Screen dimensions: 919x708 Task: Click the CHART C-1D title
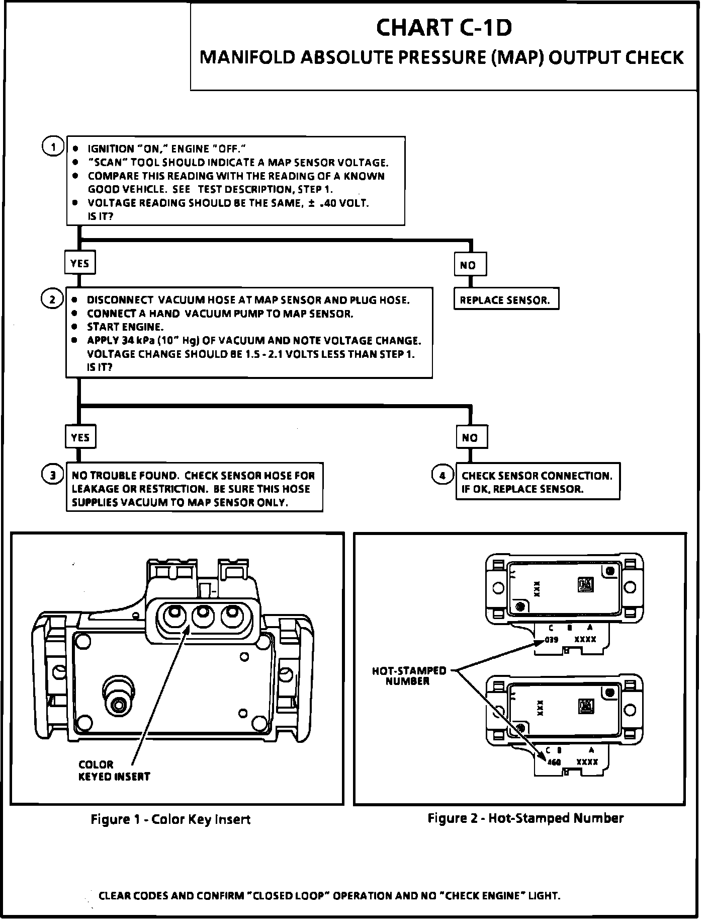pyautogui.click(x=444, y=28)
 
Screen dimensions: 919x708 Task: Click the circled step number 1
pyautogui.click(x=52, y=147)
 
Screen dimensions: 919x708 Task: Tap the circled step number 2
pyautogui.click(x=52, y=299)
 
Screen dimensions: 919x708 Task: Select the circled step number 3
pyautogui.click(x=52, y=475)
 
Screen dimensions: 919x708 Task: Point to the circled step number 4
pyautogui.click(x=442, y=475)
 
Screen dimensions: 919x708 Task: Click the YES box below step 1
pyautogui.click(x=80, y=263)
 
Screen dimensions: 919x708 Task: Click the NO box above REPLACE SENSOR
pyautogui.click(x=470, y=265)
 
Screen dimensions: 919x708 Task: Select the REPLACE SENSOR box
pyautogui.click(x=506, y=300)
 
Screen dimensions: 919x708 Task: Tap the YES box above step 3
pyautogui.click(x=80, y=437)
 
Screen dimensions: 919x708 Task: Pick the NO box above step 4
pyautogui.click(x=471, y=437)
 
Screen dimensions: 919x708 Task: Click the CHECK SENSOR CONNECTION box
pyautogui.click(x=537, y=482)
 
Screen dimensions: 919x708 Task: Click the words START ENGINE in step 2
pyautogui.click(x=125, y=327)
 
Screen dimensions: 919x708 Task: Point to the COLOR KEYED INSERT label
pyautogui.click(x=114, y=770)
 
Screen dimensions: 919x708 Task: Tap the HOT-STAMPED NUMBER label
pyautogui.click(x=409, y=675)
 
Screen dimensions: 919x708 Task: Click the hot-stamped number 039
pyautogui.click(x=552, y=640)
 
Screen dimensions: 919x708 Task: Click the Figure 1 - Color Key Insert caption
pyautogui.click(x=170, y=819)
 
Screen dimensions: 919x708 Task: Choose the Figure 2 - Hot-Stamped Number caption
pyautogui.click(x=525, y=818)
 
